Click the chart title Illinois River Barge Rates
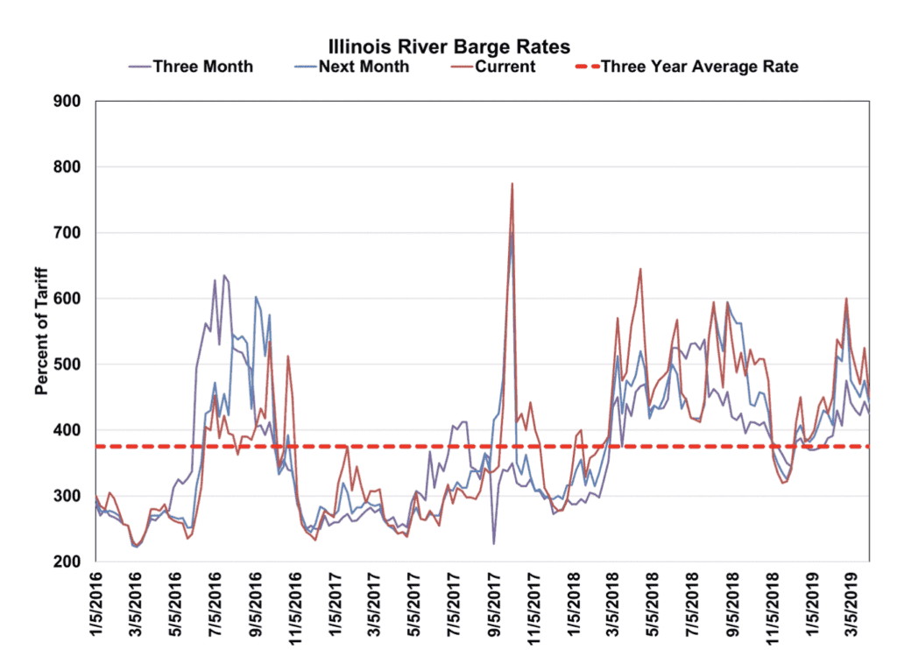(448, 46)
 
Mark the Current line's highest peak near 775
(512, 184)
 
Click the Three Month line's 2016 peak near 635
(224, 275)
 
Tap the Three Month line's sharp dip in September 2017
(493, 544)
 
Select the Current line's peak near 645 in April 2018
(640, 269)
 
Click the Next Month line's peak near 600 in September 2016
(255, 297)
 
